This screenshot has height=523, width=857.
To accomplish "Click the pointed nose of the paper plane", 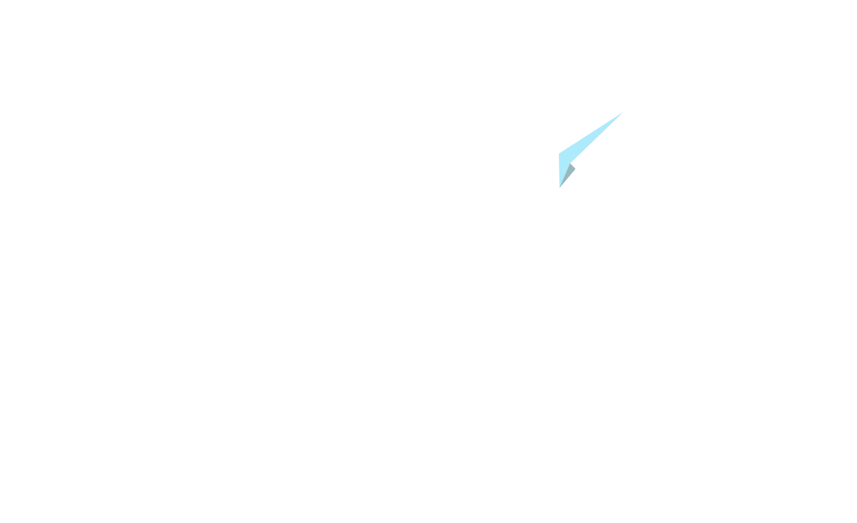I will click(621, 114).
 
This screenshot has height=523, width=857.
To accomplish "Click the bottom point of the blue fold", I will click(560, 187).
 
